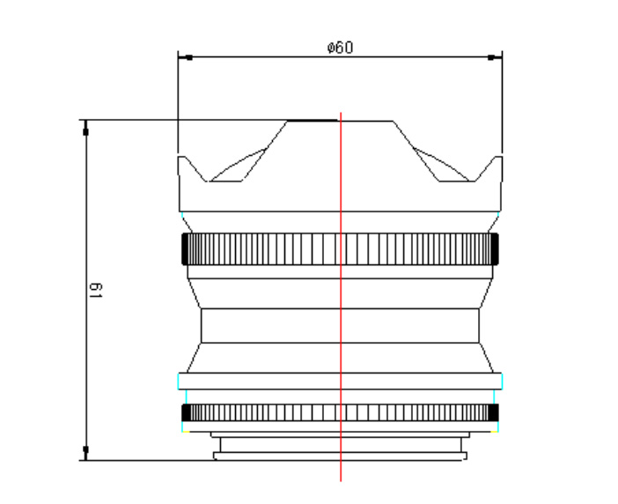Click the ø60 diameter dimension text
click(x=340, y=48)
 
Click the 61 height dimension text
click(x=95, y=290)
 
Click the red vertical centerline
click(x=341, y=297)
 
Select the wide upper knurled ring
click(x=340, y=248)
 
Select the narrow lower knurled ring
click(x=340, y=412)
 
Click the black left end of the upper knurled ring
click(x=185, y=248)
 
